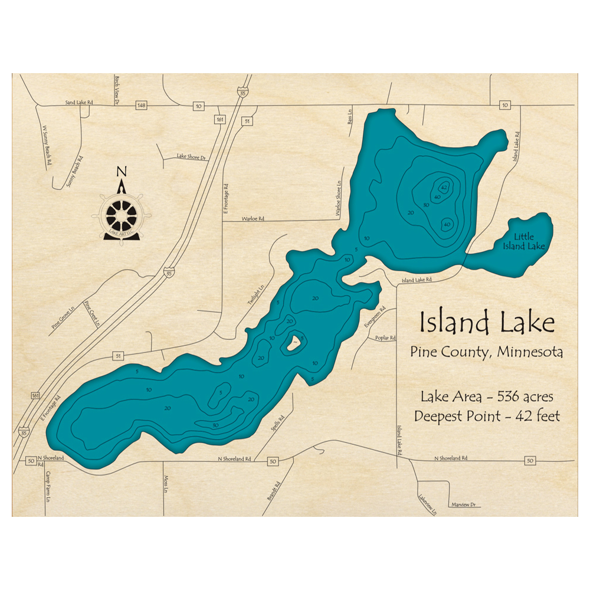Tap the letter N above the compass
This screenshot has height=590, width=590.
click(122, 172)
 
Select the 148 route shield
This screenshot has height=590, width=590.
click(140, 105)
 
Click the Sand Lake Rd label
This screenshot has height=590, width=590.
click(79, 103)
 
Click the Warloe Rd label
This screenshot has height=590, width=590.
click(253, 218)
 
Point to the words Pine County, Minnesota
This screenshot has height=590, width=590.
click(486, 352)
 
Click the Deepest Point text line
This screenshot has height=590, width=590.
click(487, 416)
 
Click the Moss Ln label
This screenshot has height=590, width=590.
click(166, 487)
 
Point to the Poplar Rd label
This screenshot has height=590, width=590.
click(385, 338)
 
